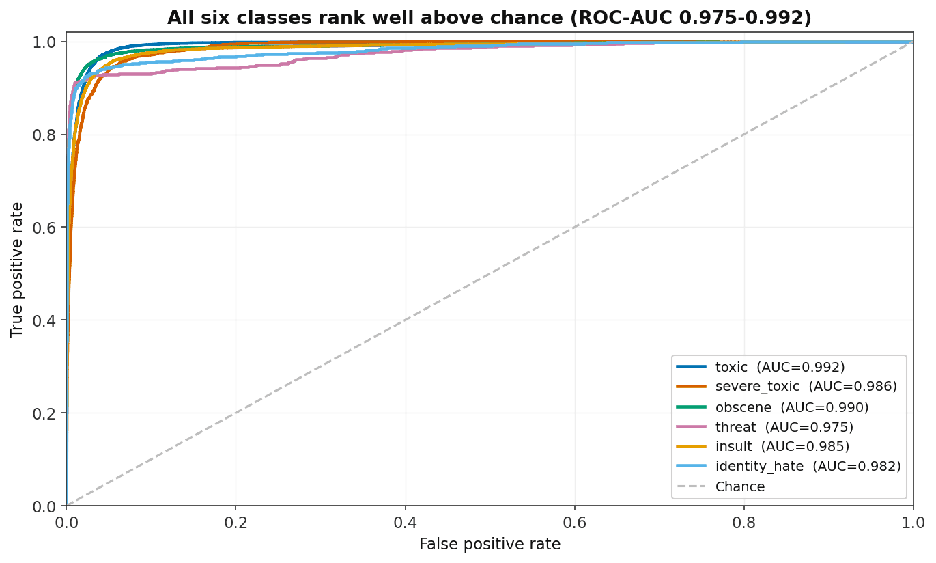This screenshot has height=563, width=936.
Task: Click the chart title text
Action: click(x=490, y=18)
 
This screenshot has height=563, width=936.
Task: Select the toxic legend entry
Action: click(x=760, y=367)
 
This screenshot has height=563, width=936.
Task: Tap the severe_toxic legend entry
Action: click(x=786, y=386)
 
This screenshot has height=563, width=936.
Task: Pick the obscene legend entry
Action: click(x=772, y=407)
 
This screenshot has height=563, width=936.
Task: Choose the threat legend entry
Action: click(x=765, y=426)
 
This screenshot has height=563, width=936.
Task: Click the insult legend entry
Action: click(x=763, y=446)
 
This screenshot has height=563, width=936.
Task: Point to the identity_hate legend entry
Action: click(x=789, y=466)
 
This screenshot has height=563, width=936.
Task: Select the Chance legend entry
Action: click(x=720, y=486)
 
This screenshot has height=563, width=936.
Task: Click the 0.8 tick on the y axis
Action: click(x=44, y=135)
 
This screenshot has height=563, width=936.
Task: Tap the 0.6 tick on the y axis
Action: click(x=44, y=228)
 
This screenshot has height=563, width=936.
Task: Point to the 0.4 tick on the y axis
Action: click(x=44, y=320)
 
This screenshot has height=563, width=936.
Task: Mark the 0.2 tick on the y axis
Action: click(x=44, y=413)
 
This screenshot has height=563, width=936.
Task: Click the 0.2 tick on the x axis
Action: click(x=236, y=523)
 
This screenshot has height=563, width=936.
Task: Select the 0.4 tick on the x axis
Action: click(x=406, y=523)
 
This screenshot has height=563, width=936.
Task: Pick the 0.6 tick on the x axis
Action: click(x=575, y=523)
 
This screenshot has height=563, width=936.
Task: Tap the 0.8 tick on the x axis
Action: click(x=744, y=523)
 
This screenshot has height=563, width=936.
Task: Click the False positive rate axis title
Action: click(x=490, y=544)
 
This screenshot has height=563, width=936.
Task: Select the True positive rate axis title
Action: click(x=16, y=270)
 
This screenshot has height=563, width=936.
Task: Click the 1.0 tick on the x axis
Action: click(x=913, y=523)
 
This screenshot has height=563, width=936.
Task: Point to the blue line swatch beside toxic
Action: click(x=691, y=367)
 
